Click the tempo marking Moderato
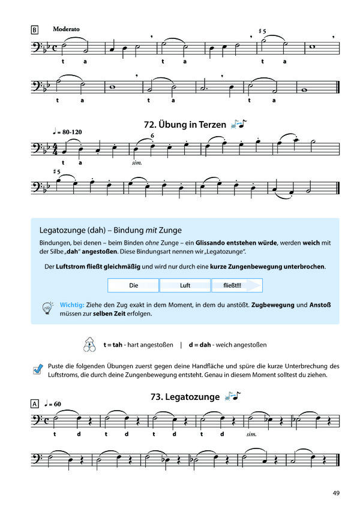67,28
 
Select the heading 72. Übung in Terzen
184,125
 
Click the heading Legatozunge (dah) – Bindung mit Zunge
110,230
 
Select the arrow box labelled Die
133,285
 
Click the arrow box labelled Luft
185,285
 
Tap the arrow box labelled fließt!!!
235,285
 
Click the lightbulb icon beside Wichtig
47,308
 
